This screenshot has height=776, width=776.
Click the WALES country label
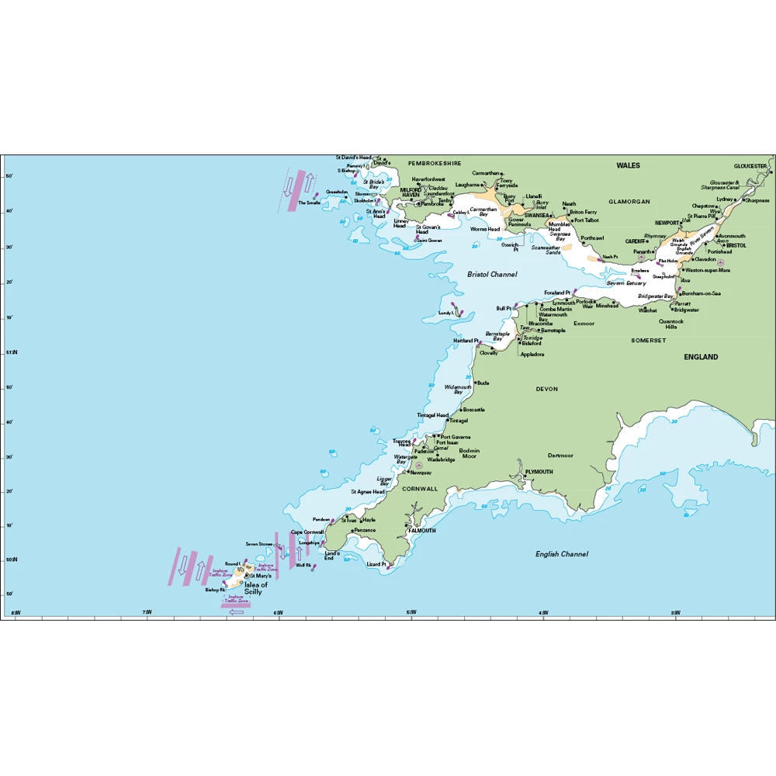click(x=628, y=165)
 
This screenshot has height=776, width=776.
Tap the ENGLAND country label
click(x=701, y=357)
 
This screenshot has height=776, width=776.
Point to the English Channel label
click(x=561, y=554)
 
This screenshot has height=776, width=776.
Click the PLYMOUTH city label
click(x=539, y=472)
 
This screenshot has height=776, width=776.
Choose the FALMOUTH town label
click(x=422, y=531)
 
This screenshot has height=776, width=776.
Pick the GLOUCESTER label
click(x=750, y=166)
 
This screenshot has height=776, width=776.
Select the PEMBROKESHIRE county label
click(x=435, y=164)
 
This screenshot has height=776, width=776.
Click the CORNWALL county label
click(x=420, y=489)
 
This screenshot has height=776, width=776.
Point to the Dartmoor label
click(x=559, y=456)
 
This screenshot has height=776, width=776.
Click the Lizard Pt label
click(x=376, y=564)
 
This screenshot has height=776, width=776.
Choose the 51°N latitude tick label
click(x=11, y=353)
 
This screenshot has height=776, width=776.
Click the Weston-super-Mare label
click(x=708, y=270)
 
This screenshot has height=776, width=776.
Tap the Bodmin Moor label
click(x=469, y=454)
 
